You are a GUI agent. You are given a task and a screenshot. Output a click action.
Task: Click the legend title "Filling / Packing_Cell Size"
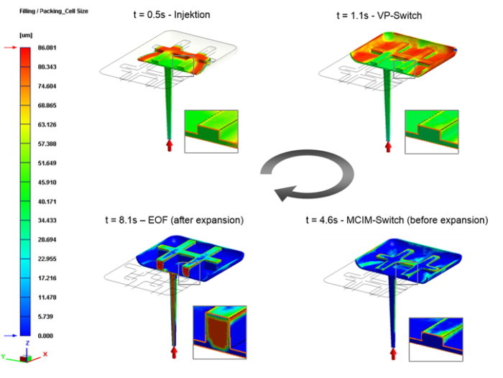tap(54, 11)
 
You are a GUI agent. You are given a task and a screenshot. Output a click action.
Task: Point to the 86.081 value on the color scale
tap(47, 48)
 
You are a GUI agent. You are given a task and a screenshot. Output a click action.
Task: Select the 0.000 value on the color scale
tap(45, 336)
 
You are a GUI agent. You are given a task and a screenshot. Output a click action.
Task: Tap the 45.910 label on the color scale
tap(47, 183)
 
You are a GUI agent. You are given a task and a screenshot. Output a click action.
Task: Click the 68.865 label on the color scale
tap(47, 105)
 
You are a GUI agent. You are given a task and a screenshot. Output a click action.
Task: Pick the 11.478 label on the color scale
tap(47, 297)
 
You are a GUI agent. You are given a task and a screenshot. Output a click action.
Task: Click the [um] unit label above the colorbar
tap(26, 35)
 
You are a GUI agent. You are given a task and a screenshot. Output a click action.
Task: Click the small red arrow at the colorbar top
tap(10, 48)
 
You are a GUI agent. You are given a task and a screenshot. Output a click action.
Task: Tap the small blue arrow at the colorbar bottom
tap(10, 336)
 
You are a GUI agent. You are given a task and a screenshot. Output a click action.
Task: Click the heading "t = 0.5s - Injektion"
tap(172, 15)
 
